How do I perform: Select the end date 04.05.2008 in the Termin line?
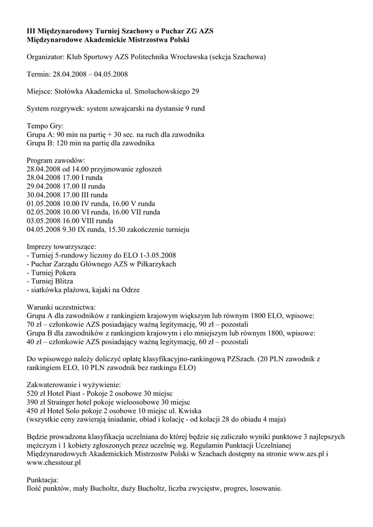111,74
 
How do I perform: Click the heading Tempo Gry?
45,126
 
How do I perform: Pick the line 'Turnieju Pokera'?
53,272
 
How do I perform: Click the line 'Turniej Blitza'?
52,281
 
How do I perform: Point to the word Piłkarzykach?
155,264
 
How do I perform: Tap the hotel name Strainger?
65,401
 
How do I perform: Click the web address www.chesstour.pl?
54,462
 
